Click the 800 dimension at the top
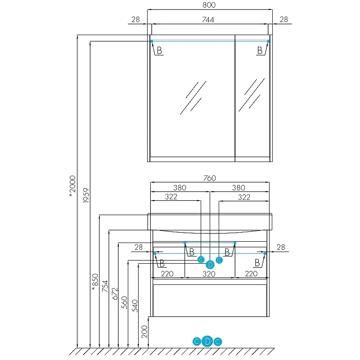click(209, 5)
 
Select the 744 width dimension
click(208, 20)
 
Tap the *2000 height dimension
click(72, 186)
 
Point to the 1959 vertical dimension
click(86, 195)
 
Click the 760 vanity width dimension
click(210, 178)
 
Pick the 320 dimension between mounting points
click(209, 274)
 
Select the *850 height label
click(95, 282)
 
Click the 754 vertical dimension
click(105, 286)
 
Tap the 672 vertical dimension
click(115, 294)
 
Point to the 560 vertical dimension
click(124, 302)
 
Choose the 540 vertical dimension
click(135, 306)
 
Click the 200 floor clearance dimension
click(144, 332)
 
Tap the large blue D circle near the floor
click(207, 342)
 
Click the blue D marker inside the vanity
click(210, 265)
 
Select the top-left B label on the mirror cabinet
click(159, 50)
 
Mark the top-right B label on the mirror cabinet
click(260, 50)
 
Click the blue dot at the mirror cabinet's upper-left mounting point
click(152, 41)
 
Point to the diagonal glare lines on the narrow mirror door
click(252, 95)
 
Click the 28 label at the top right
click(284, 19)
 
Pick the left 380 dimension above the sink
click(180, 188)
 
